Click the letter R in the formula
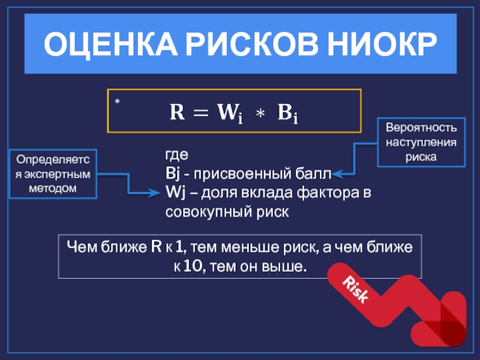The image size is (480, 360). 177,112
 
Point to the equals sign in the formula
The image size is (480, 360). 202,113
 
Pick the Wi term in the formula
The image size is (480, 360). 230,113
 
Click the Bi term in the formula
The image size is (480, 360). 287,113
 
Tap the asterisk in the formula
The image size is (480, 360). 259,113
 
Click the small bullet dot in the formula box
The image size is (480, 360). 118,100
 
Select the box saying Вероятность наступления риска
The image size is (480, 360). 421,142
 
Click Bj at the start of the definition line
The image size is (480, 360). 172,174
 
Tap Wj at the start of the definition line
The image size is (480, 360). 173,193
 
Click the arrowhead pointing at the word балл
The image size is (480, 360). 337,175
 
